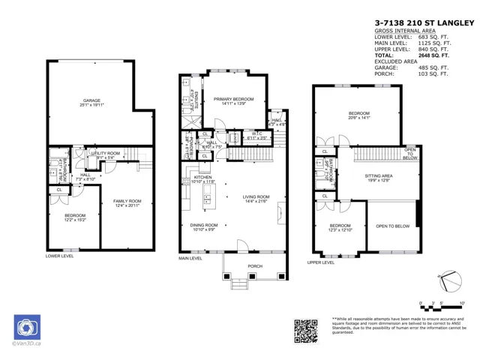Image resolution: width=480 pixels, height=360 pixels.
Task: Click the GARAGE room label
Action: click(91, 101)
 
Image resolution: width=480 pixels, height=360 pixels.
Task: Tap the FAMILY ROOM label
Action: click(127, 202)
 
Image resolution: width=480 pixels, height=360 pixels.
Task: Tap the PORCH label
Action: click(255, 265)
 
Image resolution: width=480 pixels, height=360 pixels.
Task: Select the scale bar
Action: click(442, 307)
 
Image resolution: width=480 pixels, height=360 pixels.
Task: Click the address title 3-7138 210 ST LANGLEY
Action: click(424, 23)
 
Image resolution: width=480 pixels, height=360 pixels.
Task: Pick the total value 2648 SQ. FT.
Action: click(433, 55)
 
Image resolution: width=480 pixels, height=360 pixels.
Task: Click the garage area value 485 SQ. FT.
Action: click(433, 67)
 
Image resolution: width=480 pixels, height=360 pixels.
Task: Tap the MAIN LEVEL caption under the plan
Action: click(190, 258)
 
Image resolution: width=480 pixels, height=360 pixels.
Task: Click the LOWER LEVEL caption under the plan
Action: click(59, 256)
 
